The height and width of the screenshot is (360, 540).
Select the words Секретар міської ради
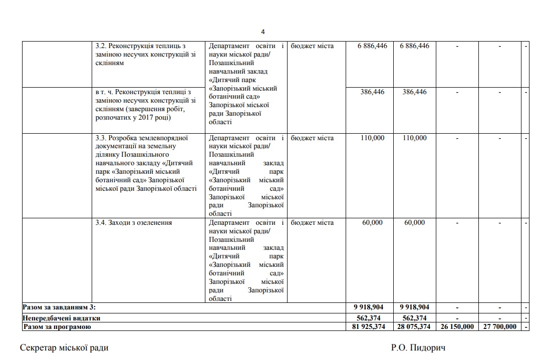(x=64, y=347)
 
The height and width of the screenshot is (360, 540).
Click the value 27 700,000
(x=499, y=326)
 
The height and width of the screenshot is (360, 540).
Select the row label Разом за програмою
(x=57, y=326)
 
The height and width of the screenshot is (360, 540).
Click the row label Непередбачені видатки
(x=62, y=317)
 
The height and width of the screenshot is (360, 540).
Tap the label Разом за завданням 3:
(x=59, y=306)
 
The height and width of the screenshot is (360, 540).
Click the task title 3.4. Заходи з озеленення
(x=133, y=223)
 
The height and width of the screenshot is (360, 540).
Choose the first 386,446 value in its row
(x=372, y=92)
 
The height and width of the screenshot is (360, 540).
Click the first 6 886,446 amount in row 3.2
(x=372, y=46)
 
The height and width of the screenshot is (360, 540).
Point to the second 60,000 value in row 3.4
(x=414, y=223)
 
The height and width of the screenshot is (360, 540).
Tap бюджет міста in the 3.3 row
(x=312, y=138)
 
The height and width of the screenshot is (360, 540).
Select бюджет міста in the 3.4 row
(x=312, y=223)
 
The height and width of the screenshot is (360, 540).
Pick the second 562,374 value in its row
(x=414, y=317)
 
